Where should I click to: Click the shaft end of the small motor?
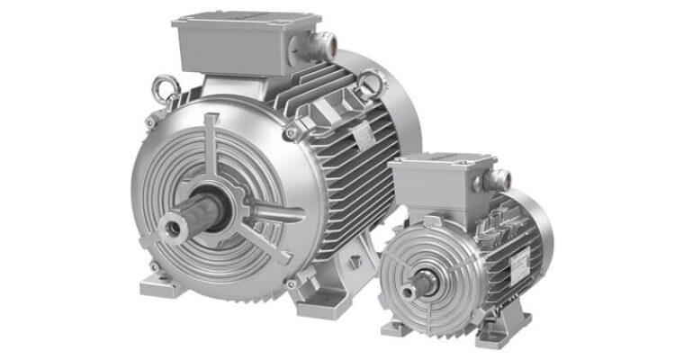(x=409, y=292)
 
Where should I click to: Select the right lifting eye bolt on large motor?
(x=369, y=83)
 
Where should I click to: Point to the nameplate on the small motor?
(x=520, y=262)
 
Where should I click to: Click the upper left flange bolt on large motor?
(x=150, y=122)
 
